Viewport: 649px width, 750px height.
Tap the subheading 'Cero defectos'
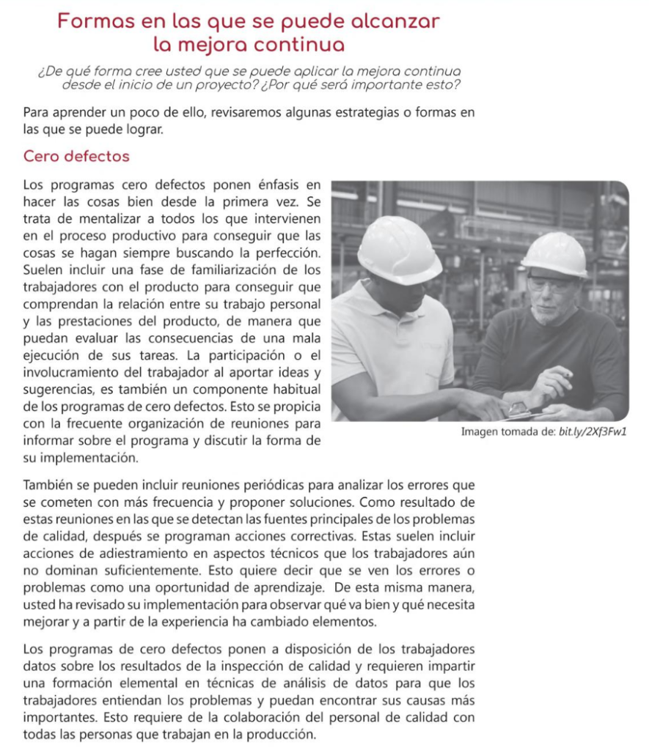pos(76,157)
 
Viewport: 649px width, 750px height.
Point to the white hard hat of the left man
pos(398,250)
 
